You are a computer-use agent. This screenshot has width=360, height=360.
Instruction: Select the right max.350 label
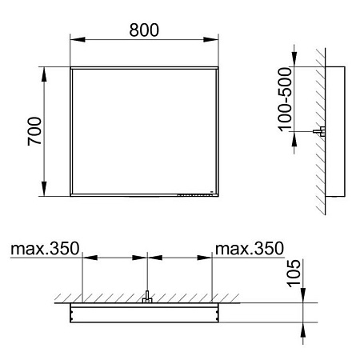click(249, 250)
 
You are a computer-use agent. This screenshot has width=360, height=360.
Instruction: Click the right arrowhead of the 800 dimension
click(214, 43)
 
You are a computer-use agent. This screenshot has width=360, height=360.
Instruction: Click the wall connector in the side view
click(321, 132)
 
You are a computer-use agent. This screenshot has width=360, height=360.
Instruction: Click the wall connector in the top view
click(147, 300)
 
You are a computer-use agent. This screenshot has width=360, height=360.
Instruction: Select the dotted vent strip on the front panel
click(192, 192)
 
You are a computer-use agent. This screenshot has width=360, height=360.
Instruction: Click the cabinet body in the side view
click(338, 132)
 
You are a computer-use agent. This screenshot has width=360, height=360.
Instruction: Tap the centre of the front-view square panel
click(145, 132)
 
